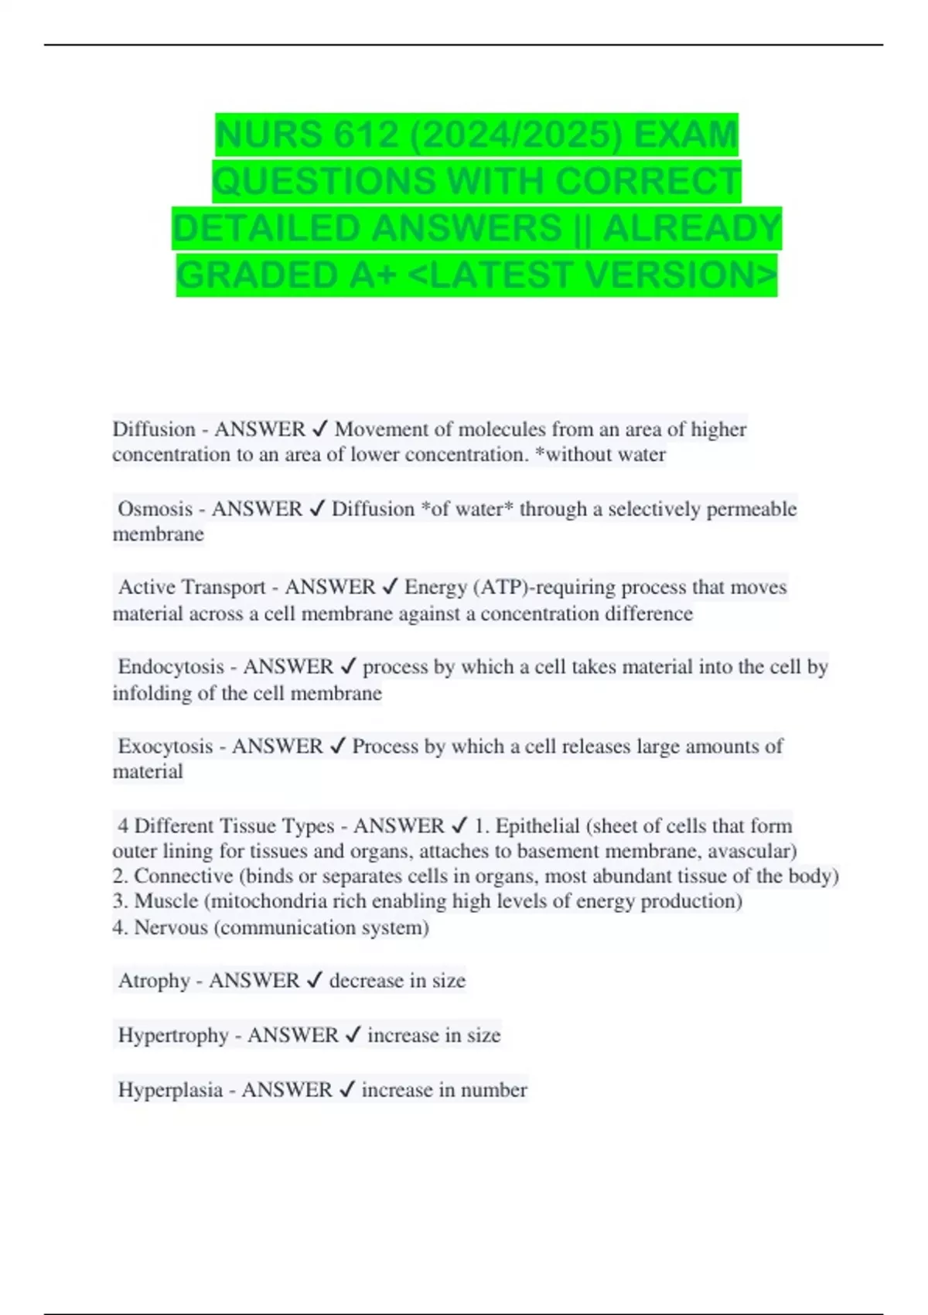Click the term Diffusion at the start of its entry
click(154, 429)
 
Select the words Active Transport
click(192, 587)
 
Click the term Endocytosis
click(171, 667)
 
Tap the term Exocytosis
click(165, 746)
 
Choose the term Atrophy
click(154, 981)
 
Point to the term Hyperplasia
click(170, 1090)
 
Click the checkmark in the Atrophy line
click(314, 981)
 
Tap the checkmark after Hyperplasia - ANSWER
click(347, 1090)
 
